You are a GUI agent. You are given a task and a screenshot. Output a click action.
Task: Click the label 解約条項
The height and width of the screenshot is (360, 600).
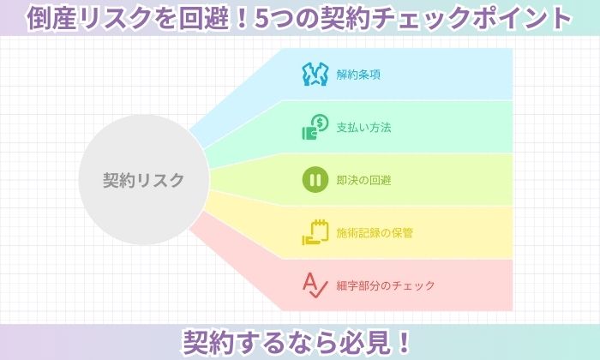(358, 75)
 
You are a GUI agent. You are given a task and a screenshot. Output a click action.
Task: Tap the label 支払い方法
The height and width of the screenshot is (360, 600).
(364, 128)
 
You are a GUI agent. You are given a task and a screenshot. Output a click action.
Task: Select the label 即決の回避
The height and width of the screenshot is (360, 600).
(364, 180)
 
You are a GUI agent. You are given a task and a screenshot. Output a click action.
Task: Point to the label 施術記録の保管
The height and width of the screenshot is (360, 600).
(375, 232)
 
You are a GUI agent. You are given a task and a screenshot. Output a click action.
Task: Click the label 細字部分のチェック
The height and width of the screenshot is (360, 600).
(386, 285)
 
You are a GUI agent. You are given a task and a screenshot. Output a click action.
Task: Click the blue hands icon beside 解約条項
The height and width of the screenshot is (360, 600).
(315, 75)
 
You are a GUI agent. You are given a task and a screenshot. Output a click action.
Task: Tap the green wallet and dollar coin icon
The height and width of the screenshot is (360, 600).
(315, 127)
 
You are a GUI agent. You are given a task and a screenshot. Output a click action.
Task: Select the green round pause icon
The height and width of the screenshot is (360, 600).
(315, 179)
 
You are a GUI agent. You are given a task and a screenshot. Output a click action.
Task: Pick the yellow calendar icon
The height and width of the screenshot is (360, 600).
(315, 232)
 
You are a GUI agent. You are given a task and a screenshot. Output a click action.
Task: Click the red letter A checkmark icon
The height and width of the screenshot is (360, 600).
(315, 285)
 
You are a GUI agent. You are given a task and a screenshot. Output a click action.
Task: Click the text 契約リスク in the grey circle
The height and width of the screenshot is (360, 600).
(143, 180)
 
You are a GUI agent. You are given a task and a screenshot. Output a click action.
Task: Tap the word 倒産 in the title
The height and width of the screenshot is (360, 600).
(52, 18)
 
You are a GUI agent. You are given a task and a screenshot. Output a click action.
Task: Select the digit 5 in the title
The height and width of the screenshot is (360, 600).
(262, 18)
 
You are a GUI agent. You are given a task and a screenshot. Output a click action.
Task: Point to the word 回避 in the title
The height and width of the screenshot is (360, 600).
(204, 18)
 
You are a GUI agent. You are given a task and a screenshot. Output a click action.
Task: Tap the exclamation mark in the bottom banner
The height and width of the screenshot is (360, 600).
(404, 342)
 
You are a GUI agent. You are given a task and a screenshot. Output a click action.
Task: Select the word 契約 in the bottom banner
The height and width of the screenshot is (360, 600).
(208, 342)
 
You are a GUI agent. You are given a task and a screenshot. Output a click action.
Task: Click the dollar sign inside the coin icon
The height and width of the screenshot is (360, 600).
(321, 123)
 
